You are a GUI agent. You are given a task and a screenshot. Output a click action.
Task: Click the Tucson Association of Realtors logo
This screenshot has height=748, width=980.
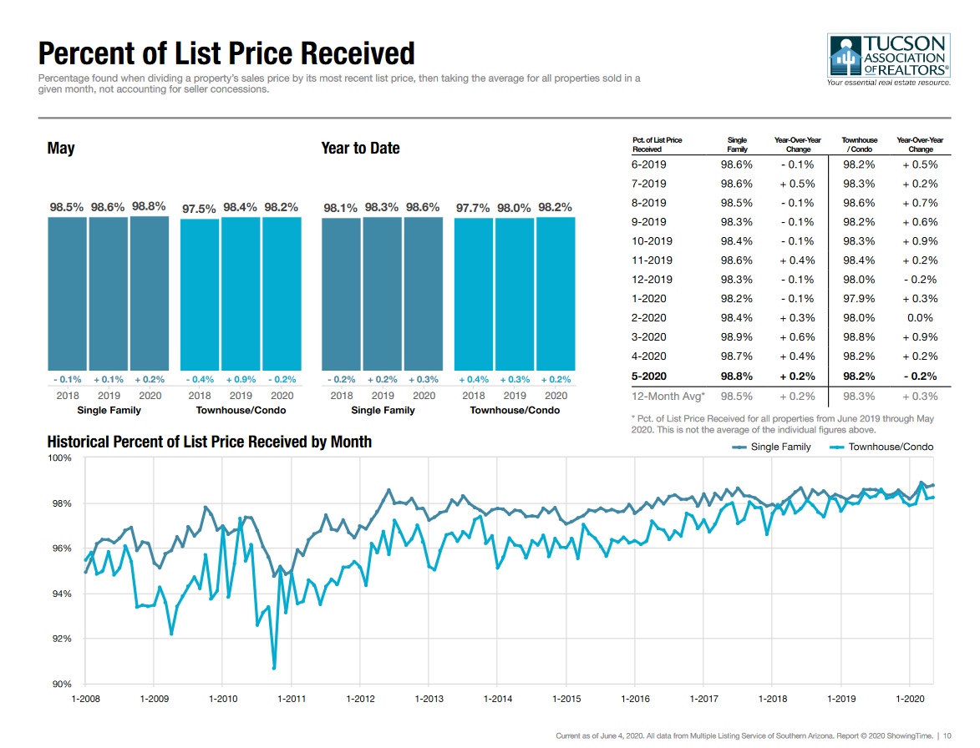(888, 60)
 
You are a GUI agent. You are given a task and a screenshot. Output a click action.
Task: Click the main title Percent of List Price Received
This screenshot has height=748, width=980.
(226, 53)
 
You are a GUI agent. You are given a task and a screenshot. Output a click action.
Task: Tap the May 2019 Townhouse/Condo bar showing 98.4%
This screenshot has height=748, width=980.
(241, 294)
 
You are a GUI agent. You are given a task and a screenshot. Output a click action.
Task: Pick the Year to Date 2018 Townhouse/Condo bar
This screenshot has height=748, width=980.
(474, 294)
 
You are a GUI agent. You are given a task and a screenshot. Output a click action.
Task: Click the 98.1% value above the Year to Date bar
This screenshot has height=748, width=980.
(341, 207)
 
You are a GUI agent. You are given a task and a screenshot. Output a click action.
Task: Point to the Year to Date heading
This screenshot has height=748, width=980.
(360, 149)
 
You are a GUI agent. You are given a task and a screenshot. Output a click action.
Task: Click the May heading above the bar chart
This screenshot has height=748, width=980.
(61, 149)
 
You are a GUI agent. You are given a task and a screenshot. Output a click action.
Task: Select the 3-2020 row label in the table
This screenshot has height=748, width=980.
(649, 337)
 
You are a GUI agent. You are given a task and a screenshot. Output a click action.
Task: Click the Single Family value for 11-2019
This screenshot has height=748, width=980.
(736, 260)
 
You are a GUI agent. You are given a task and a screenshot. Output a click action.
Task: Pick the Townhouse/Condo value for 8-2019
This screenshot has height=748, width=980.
(859, 203)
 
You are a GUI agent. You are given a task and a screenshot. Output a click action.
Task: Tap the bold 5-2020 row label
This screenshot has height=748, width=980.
(649, 376)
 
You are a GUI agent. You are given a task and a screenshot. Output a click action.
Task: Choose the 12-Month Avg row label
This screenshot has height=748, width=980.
(668, 397)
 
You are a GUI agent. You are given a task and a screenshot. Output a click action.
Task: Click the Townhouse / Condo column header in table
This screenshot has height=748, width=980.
(859, 144)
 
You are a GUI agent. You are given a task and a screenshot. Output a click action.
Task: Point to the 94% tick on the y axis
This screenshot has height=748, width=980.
(64, 594)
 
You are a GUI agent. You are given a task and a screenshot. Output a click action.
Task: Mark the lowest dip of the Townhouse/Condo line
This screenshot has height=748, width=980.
(274, 667)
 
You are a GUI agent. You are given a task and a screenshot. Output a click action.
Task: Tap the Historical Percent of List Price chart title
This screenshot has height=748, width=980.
(210, 442)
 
